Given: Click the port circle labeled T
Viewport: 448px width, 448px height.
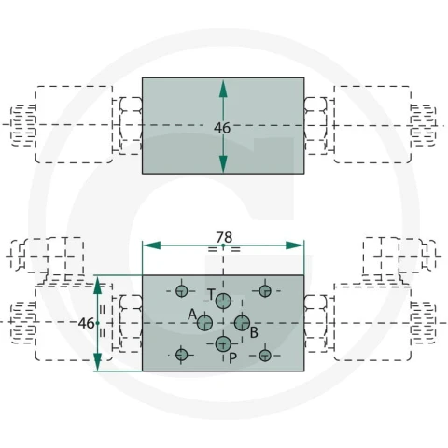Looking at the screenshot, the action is tap(223, 301).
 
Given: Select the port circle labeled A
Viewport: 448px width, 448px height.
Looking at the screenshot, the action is tap(204, 323).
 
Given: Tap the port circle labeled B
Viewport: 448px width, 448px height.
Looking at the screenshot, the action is tap(242, 323).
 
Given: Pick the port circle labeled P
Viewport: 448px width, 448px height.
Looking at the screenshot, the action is tap(223, 344).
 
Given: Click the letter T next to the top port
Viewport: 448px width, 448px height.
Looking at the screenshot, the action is tap(211, 294).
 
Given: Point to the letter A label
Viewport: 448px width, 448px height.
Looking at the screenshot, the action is tap(192, 315).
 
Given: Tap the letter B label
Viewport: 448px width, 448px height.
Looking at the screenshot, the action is tap(254, 332).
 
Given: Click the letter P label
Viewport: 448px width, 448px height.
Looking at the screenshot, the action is tap(232, 358).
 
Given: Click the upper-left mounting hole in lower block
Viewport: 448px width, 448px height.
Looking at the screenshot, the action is tap(182, 291).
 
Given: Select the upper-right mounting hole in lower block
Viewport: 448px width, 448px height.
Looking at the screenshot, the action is tap(265, 291).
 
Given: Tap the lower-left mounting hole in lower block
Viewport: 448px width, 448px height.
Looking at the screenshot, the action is tap(182, 355).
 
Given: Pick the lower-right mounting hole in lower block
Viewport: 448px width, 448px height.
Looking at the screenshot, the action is tap(265, 355).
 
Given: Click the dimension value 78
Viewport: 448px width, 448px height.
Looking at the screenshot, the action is tap(224, 238).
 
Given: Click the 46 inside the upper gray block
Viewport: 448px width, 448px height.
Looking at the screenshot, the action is tap(222, 128).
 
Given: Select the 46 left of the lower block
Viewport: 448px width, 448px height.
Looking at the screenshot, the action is tap(86, 324).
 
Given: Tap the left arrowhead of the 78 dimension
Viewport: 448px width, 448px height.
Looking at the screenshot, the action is tap(152, 245).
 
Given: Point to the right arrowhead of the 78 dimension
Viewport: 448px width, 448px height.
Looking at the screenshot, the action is tap(294, 245).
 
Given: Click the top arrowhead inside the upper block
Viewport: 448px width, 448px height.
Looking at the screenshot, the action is tap(223, 89).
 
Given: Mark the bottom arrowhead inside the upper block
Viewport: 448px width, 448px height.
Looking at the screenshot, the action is tap(223, 163).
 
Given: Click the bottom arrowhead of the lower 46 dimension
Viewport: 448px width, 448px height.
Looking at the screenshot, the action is tap(98, 362).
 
